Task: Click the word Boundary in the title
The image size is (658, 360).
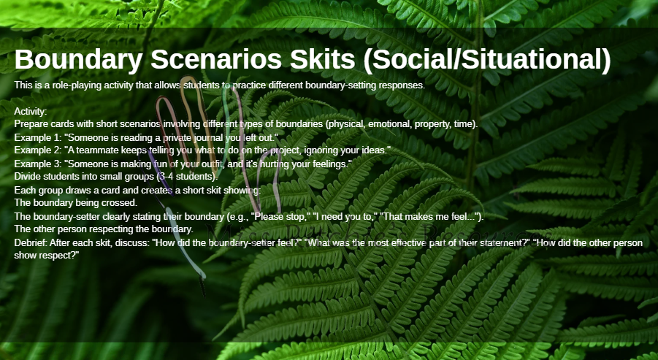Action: click(78, 60)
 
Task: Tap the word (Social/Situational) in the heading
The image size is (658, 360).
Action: click(487, 60)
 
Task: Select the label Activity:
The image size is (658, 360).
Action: click(31, 112)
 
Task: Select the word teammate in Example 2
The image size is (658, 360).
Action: click(95, 150)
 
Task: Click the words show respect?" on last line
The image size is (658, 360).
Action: click(47, 256)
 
